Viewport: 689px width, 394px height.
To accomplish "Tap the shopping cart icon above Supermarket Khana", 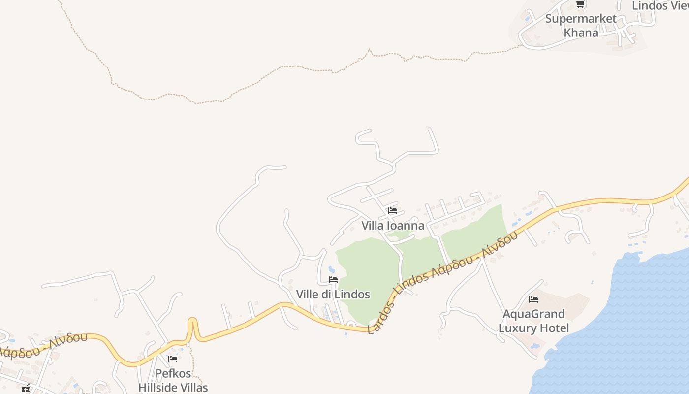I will (x=580, y=4).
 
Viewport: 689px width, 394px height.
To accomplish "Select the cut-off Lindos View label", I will (x=660, y=6).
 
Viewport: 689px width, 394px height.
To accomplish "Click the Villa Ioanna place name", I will (x=393, y=226).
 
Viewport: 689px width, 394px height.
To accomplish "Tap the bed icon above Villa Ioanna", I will (x=392, y=211).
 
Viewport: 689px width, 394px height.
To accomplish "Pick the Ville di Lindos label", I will (x=333, y=295).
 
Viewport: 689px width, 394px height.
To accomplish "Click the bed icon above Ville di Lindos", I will (x=333, y=280).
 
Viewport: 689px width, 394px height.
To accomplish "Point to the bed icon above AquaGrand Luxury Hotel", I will (x=533, y=299).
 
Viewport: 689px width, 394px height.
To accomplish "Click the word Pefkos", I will (x=173, y=373).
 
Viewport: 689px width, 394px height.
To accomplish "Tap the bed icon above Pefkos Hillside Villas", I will (x=172, y=359).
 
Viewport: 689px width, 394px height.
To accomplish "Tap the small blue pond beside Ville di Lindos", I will (x=331, y=269).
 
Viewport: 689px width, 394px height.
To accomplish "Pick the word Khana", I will (x=581, y=33).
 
